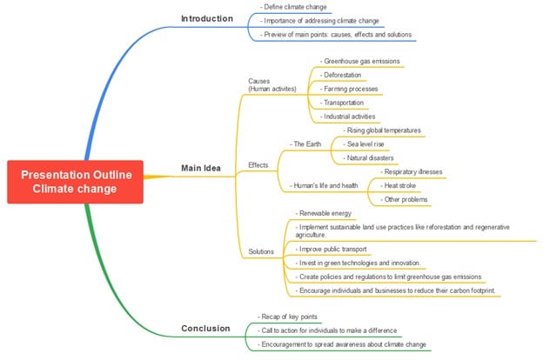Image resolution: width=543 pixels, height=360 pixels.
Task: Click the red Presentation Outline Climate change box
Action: pyautogui.click(x=76, y=181)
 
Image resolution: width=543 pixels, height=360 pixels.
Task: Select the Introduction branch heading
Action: pyautogui.click(x=207, y=18)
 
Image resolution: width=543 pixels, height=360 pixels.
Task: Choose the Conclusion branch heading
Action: pyautogui.click(x=205, y=328)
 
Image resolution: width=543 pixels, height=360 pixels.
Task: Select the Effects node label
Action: pyautogui.click(x=258, y=164)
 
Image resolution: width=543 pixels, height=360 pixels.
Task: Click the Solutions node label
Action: pyautogui.click(x=261, y=251)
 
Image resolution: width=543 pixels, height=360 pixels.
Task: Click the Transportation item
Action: pyautogui.click(x=343, y=102)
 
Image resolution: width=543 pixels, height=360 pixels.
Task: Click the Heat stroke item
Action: pyautogui.click(x=404, y=185)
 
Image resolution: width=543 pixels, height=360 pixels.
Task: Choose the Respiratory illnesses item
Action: pyautogui.click(x=412, y=171)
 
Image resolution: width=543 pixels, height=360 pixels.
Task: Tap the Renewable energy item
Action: pyautogui.click(x=325, y=213)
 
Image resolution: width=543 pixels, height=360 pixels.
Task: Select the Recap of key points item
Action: pyautogui.click(x=291, y=316)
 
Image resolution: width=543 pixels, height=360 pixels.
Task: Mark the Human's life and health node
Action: pyautogui.click(x=324, y=184)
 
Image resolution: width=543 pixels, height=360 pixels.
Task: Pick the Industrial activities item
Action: pyautogui.click(x=348, y=116)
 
